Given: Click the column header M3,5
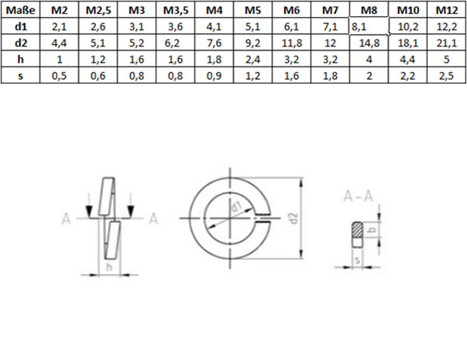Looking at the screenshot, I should tap(175, 10).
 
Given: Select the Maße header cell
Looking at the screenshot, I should tap(19, 10).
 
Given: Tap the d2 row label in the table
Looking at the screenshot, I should tap(19, 43).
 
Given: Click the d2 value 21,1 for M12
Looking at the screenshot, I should tap(443, 43).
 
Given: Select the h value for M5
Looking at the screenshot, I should tap(252, 59).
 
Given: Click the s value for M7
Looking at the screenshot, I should tap(328, 75).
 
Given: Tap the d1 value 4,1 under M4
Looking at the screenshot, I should tap(214, 26).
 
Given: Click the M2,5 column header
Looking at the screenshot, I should tap(98, 10).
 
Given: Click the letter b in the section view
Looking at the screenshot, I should tap(372, 230).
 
